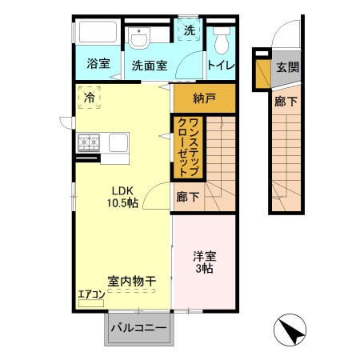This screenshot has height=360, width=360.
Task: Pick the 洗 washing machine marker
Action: coord(190,30)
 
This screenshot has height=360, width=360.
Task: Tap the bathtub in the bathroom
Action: coord(98,34)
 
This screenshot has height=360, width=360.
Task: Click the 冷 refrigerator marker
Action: coord(90,98)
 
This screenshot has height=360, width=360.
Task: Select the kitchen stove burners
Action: coord(89,143)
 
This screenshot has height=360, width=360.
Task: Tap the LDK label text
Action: coord(122,190)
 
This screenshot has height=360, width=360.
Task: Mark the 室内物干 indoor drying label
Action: coord(131,280)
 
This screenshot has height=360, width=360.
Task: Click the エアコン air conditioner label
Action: coord(91,294)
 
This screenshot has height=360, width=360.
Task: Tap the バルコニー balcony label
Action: coord(138,329)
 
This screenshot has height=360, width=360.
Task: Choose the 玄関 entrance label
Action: coord(288,68)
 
